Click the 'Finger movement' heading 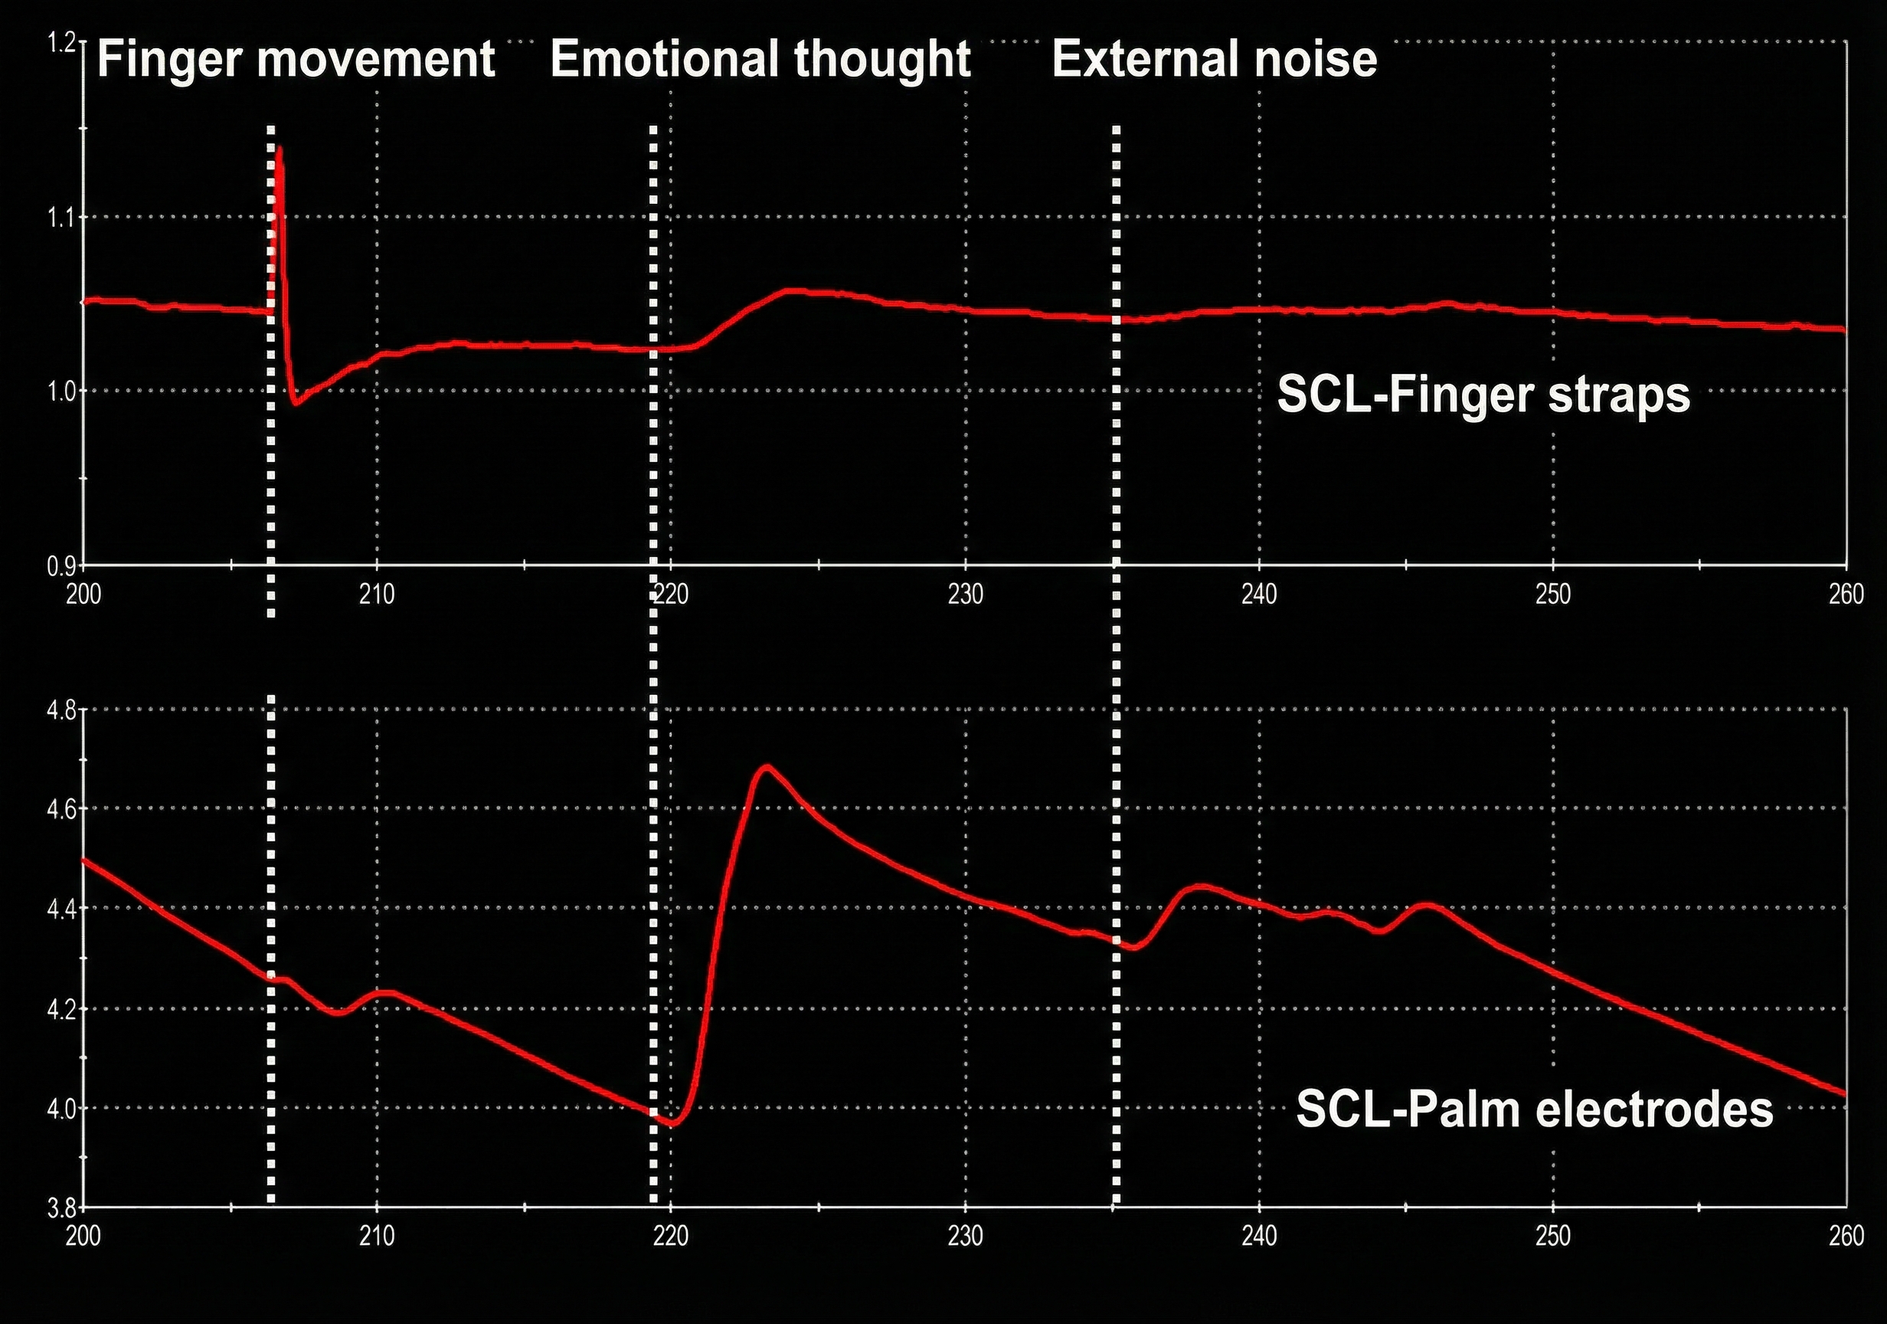click(296, 59)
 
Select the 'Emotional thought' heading click(760, 59)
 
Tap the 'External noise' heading click(1214, 59)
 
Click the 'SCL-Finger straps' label click(1483, 395)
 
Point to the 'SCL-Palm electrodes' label click(1535, 1109)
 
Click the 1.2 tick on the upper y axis click(61, 43)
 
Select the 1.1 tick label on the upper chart click(61, 218)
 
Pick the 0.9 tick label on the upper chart click(61, 566)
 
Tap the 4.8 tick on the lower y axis click(61, 710)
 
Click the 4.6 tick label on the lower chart click(61, 809)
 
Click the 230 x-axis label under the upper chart click(965, 595)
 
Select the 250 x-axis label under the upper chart click(1552, 595)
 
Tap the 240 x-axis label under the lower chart click(1259, 1236)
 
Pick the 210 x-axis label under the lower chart click(377, 1236)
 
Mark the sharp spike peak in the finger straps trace click(280, 149)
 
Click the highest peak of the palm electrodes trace click(766, 766)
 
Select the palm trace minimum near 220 click(673, 1123)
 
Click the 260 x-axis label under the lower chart click(1846, 1236)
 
